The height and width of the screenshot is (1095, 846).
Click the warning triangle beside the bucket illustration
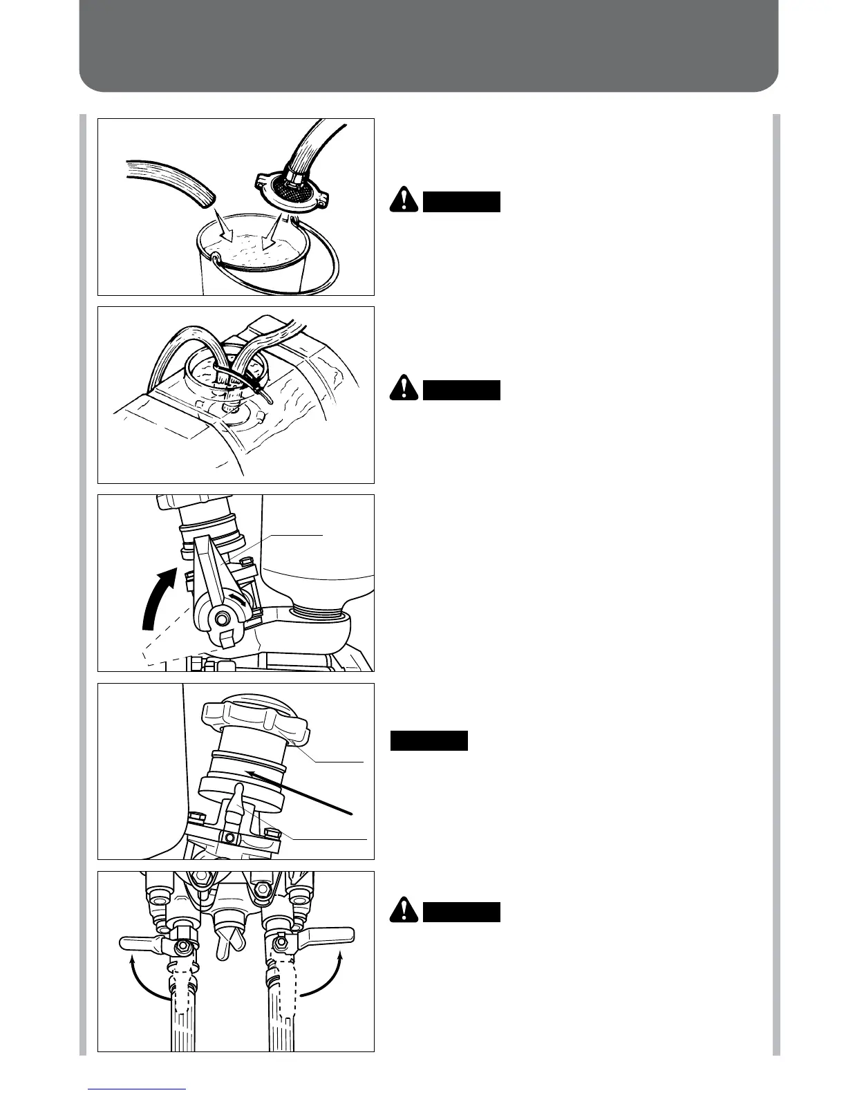[x=403, y=200]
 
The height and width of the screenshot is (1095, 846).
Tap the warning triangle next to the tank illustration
[x=403, y=389]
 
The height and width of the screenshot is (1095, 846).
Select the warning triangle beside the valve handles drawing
[x=403, y=911]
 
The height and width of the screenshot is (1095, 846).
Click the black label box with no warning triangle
[x=429, y=740]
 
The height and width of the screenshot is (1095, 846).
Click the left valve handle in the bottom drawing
[x=143, y=943]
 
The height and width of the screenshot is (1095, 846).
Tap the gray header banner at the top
[x=429, y=45]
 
